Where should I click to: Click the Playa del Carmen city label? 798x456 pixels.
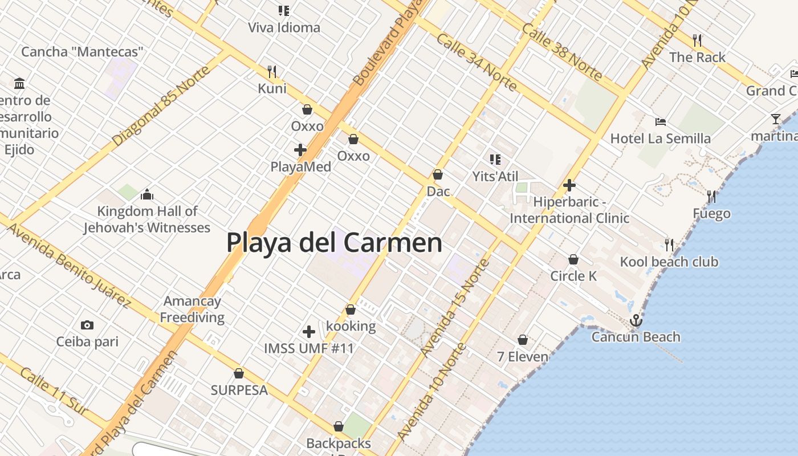click(x=334, y=242)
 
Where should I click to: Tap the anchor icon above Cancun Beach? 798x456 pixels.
click(x=636, y=320)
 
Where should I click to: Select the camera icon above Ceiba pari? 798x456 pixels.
click(x=87, y=325)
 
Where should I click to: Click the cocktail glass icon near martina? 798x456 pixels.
click(x=775, y=119)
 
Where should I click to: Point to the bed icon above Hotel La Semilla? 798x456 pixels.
click(x=661, y=121)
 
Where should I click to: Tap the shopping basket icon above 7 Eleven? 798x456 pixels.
click(x=523, y=340)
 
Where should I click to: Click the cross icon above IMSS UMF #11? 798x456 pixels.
click(x=309, y=332)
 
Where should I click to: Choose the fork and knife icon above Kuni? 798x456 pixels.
click(x=272, y=72)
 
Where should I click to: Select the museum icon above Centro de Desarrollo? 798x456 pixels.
click(x=20, y=84)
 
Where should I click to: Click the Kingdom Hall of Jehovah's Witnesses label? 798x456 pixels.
click(x=147, y=219)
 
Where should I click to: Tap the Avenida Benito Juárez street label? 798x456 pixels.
click(x=69, y=264)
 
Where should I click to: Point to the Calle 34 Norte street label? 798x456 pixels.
click(x=477, y=63)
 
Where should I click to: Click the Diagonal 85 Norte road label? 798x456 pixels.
click(x=161, y=106)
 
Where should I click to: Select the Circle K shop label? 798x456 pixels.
click(x=573, y=276)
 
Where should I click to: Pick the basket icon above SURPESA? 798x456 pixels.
click(x=239, y=374)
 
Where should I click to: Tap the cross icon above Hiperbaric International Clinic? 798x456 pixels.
click(x=569, y=185)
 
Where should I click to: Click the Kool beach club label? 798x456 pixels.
click(x=669, y=262)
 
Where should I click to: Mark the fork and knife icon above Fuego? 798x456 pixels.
click(x=711, y=197)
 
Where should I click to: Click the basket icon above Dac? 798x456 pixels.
click(x=438, y=174)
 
